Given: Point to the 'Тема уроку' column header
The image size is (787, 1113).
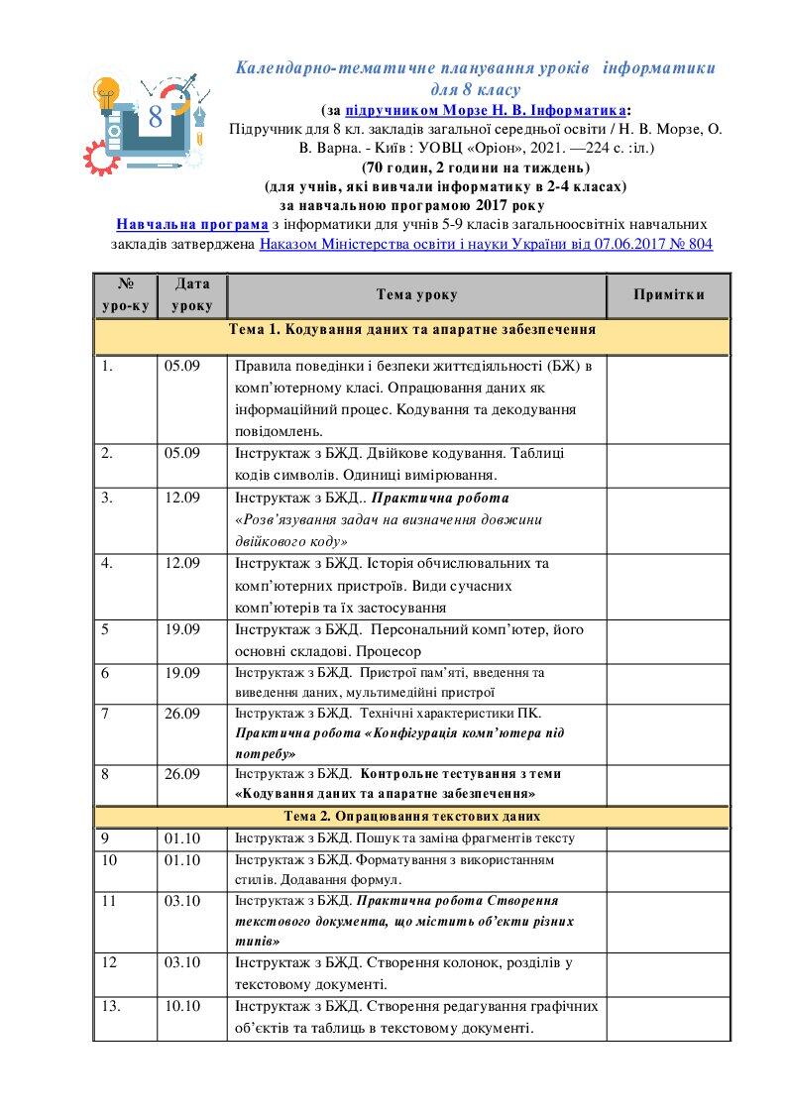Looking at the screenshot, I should coord(416,295).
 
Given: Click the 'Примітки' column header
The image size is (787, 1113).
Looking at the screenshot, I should coord(669,295).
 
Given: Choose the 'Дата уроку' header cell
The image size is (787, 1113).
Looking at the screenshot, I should coord(192,295).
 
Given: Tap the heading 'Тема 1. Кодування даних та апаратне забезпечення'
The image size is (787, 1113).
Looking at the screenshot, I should coord(411,330).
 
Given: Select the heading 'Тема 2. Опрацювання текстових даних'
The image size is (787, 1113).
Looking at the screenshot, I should coord(411,816).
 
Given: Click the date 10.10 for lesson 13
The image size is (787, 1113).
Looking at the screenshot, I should coord(182,1006).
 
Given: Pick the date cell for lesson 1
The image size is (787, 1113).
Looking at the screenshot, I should coord(182,366).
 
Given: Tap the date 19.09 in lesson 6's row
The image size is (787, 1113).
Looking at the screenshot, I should coord(182,673).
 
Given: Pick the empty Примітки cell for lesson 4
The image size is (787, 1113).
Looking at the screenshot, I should coord(669,586).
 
